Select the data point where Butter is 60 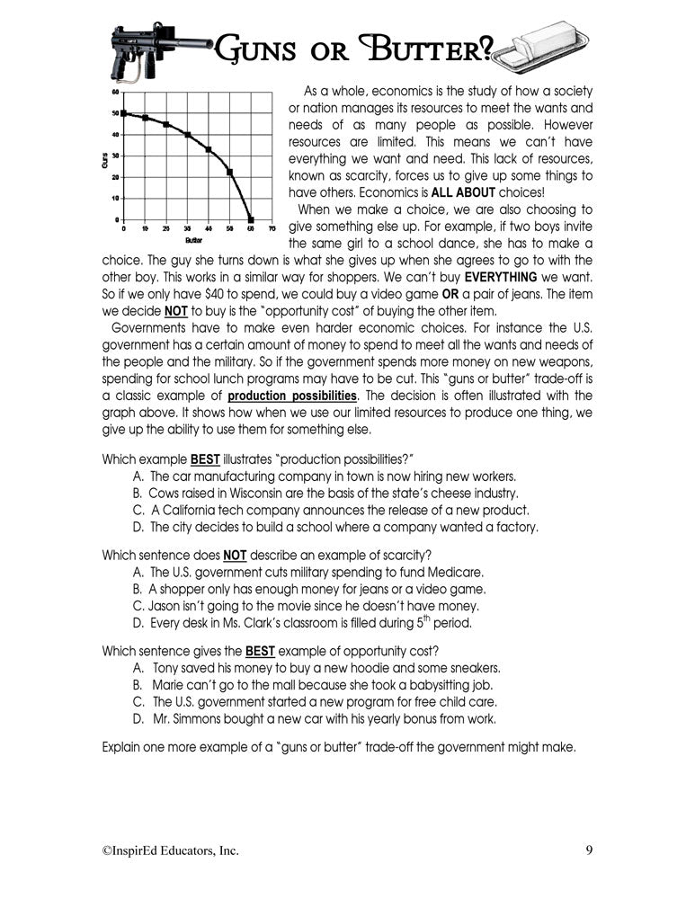[251, 219]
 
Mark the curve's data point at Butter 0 [123, 113]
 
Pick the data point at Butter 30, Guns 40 [187, 135]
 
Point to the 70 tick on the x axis [272, 228]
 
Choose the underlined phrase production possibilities [293, 396]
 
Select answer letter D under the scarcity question [138, 622]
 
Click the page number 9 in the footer [587, 850]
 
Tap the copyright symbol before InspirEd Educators [105, 850]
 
